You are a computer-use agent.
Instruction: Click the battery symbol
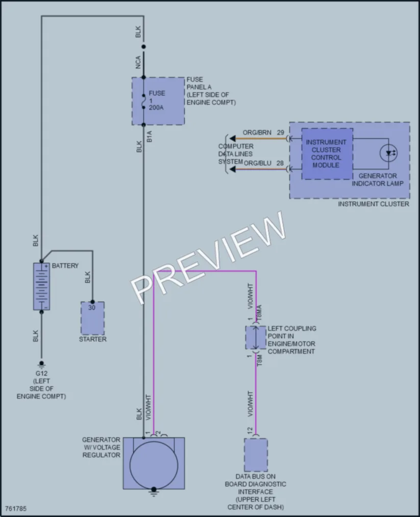click(41, 286)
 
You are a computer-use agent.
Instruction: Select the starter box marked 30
click(93, 318)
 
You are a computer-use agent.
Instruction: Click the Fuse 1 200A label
click(157, 100)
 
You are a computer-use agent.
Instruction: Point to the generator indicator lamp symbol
click(389, 153)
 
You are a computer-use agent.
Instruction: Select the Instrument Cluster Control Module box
click(327, 154)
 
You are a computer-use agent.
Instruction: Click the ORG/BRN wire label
click(257, 133)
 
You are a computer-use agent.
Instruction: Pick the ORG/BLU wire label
click(258, 163)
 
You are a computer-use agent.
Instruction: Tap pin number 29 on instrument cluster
click(280, 133)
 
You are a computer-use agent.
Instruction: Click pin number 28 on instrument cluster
click(280, 163)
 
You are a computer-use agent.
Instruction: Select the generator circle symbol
click(154, 465)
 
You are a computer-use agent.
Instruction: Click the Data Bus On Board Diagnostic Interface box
click(256, 455)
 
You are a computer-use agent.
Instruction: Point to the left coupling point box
click(256, 338)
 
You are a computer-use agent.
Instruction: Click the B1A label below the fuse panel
click(150, 136)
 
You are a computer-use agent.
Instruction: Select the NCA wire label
click(138, 62)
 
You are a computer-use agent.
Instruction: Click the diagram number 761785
click(16, 508)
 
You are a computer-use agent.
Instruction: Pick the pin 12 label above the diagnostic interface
click(250, 431)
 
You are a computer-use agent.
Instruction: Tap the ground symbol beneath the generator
click(154, 491)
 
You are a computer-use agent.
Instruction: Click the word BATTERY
click(65, 266)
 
